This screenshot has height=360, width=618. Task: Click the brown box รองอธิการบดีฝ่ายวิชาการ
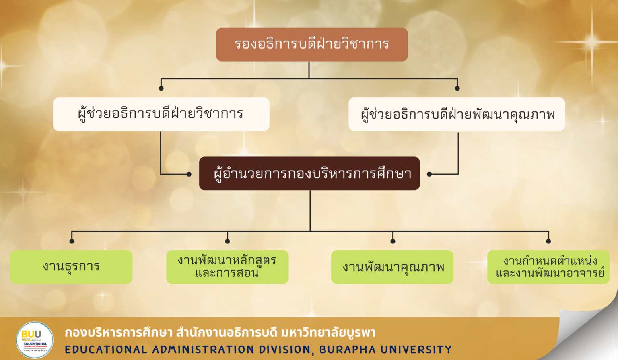(x=312, y=44)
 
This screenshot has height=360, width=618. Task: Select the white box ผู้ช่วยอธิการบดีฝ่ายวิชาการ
(x=161, y=114)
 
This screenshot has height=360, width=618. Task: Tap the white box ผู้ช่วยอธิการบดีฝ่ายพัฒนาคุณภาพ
(x=457, y=114)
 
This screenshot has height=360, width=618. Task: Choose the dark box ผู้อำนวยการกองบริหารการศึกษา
(x=309, y=173)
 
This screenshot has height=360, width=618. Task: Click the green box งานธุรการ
(x=71, y=267)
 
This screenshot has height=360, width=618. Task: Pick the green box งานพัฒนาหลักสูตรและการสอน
(x=227, y=267)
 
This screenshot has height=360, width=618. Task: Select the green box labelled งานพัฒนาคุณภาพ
(x=392, y=267)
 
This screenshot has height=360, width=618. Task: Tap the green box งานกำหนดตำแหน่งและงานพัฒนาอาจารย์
(x=548, y=267)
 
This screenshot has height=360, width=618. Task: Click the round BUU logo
(x=35, y=340)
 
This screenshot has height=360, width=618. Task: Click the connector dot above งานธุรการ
(x=72, y=241)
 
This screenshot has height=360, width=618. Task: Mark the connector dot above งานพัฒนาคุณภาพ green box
(x=393, y=241)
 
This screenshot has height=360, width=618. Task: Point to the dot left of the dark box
(x=189, y=174)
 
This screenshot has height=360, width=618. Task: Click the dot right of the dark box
(x=429, y=174)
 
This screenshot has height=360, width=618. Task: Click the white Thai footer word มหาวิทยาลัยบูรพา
(x=328, y=333)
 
